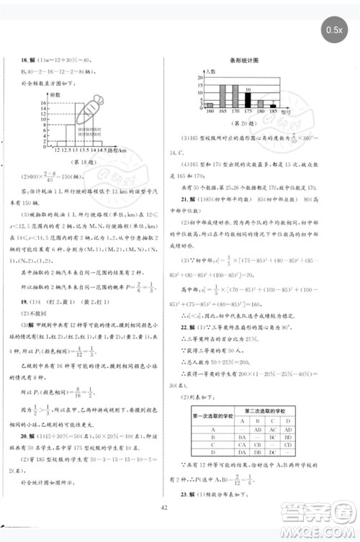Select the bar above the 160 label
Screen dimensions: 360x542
tap(210, 105)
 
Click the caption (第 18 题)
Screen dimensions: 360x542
tap(69, 164)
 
